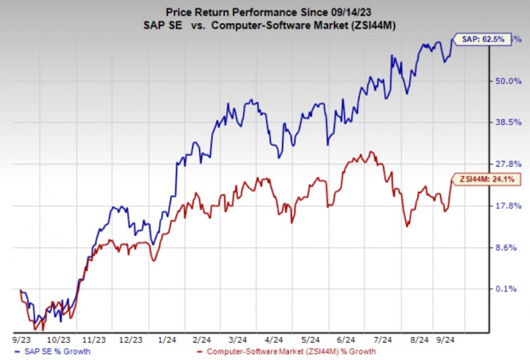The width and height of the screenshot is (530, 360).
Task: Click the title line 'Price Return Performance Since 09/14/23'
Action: pyautogui.click(x=265, y=9)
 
